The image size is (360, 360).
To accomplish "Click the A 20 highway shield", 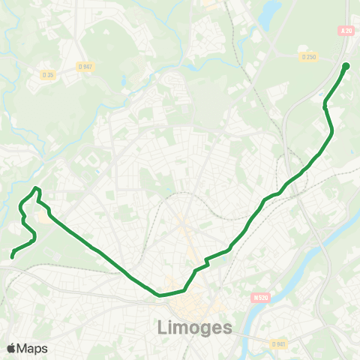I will pos(346,31).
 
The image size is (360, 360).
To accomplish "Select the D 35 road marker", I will pos(48,74).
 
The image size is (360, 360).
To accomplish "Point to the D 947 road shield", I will pos(88,67).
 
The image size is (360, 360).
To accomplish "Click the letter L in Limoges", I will pos(164,328).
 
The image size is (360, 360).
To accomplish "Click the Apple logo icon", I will pos(11,348).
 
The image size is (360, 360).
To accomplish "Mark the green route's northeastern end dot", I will pos(346,66).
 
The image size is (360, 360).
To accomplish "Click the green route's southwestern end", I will pos(13,256).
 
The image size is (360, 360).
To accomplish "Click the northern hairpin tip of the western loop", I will pos(37,187).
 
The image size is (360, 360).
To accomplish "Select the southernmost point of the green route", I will pos(160,295).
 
